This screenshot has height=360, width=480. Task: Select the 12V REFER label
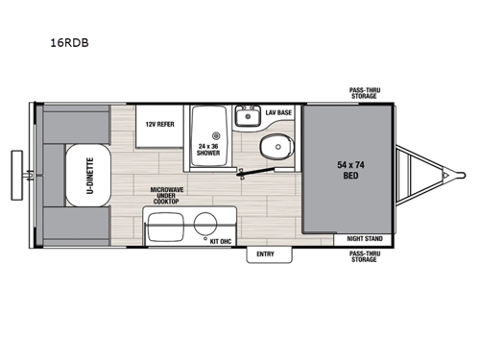coord(158,125)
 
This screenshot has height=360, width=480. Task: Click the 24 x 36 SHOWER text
coord(208,147)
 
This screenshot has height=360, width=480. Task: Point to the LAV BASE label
coord(278,112)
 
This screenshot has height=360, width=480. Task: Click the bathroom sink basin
coord(246,119)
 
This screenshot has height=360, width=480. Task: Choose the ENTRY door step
coord(264,254)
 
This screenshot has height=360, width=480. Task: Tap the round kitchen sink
coord(205,225)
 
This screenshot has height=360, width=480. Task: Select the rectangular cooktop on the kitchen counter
coord(163,228)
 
